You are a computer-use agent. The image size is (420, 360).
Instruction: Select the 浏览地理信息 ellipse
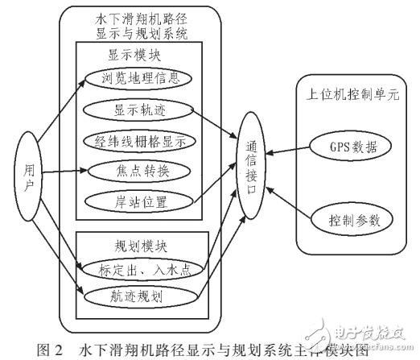[139, 79]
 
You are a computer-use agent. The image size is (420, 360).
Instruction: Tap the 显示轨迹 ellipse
[139, 109]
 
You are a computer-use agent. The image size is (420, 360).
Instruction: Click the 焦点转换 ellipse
[139, 170]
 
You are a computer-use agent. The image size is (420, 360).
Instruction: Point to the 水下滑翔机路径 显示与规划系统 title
[138, 24]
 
